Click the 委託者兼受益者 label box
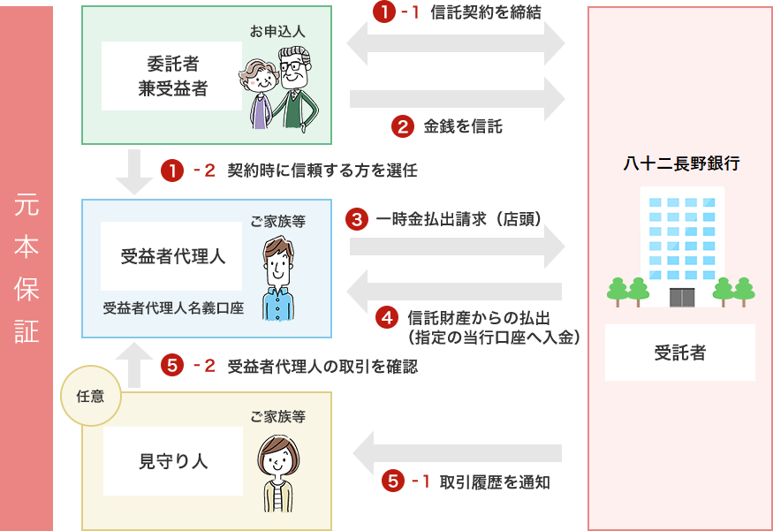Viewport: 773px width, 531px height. [172, 76]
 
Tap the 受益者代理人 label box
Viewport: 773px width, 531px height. [172, 256]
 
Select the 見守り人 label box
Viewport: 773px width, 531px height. [173, 460]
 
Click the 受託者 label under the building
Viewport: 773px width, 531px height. [679, 353]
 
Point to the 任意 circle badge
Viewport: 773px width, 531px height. [90, 396]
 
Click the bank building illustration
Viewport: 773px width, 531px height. [681, 247]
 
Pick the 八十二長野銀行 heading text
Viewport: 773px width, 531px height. [681, 163]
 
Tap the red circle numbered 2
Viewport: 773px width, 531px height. [402, 126]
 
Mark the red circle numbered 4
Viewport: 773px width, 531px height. [387, 316]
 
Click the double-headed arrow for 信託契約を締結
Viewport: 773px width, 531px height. [456, 42]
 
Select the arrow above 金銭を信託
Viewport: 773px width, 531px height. [456, 98]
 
